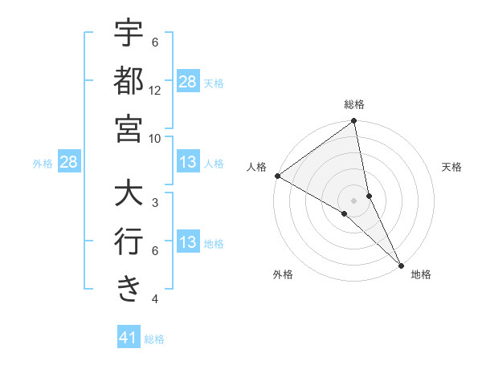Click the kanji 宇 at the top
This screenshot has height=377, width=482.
[x=129, y=34]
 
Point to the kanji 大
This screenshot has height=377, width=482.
[x=129, y=195]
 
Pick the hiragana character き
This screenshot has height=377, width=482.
[x=129, y=287]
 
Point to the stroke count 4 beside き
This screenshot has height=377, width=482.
[x=155, y=299]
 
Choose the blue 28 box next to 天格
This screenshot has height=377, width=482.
[x=188, y=81]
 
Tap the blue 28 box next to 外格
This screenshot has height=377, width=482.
[x=69, y=163]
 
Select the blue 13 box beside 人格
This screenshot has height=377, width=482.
[x=188, y=163]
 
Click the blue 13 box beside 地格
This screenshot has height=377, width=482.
[x=188, y=243]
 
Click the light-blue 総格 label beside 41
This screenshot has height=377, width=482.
[x=154, y=339]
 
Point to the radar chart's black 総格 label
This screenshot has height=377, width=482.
[x=354, y=104]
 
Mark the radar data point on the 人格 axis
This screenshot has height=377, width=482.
[x=277, y=176]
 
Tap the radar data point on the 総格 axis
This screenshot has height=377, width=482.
[x=354, y=122]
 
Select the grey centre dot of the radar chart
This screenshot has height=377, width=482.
[x=354, y=200]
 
